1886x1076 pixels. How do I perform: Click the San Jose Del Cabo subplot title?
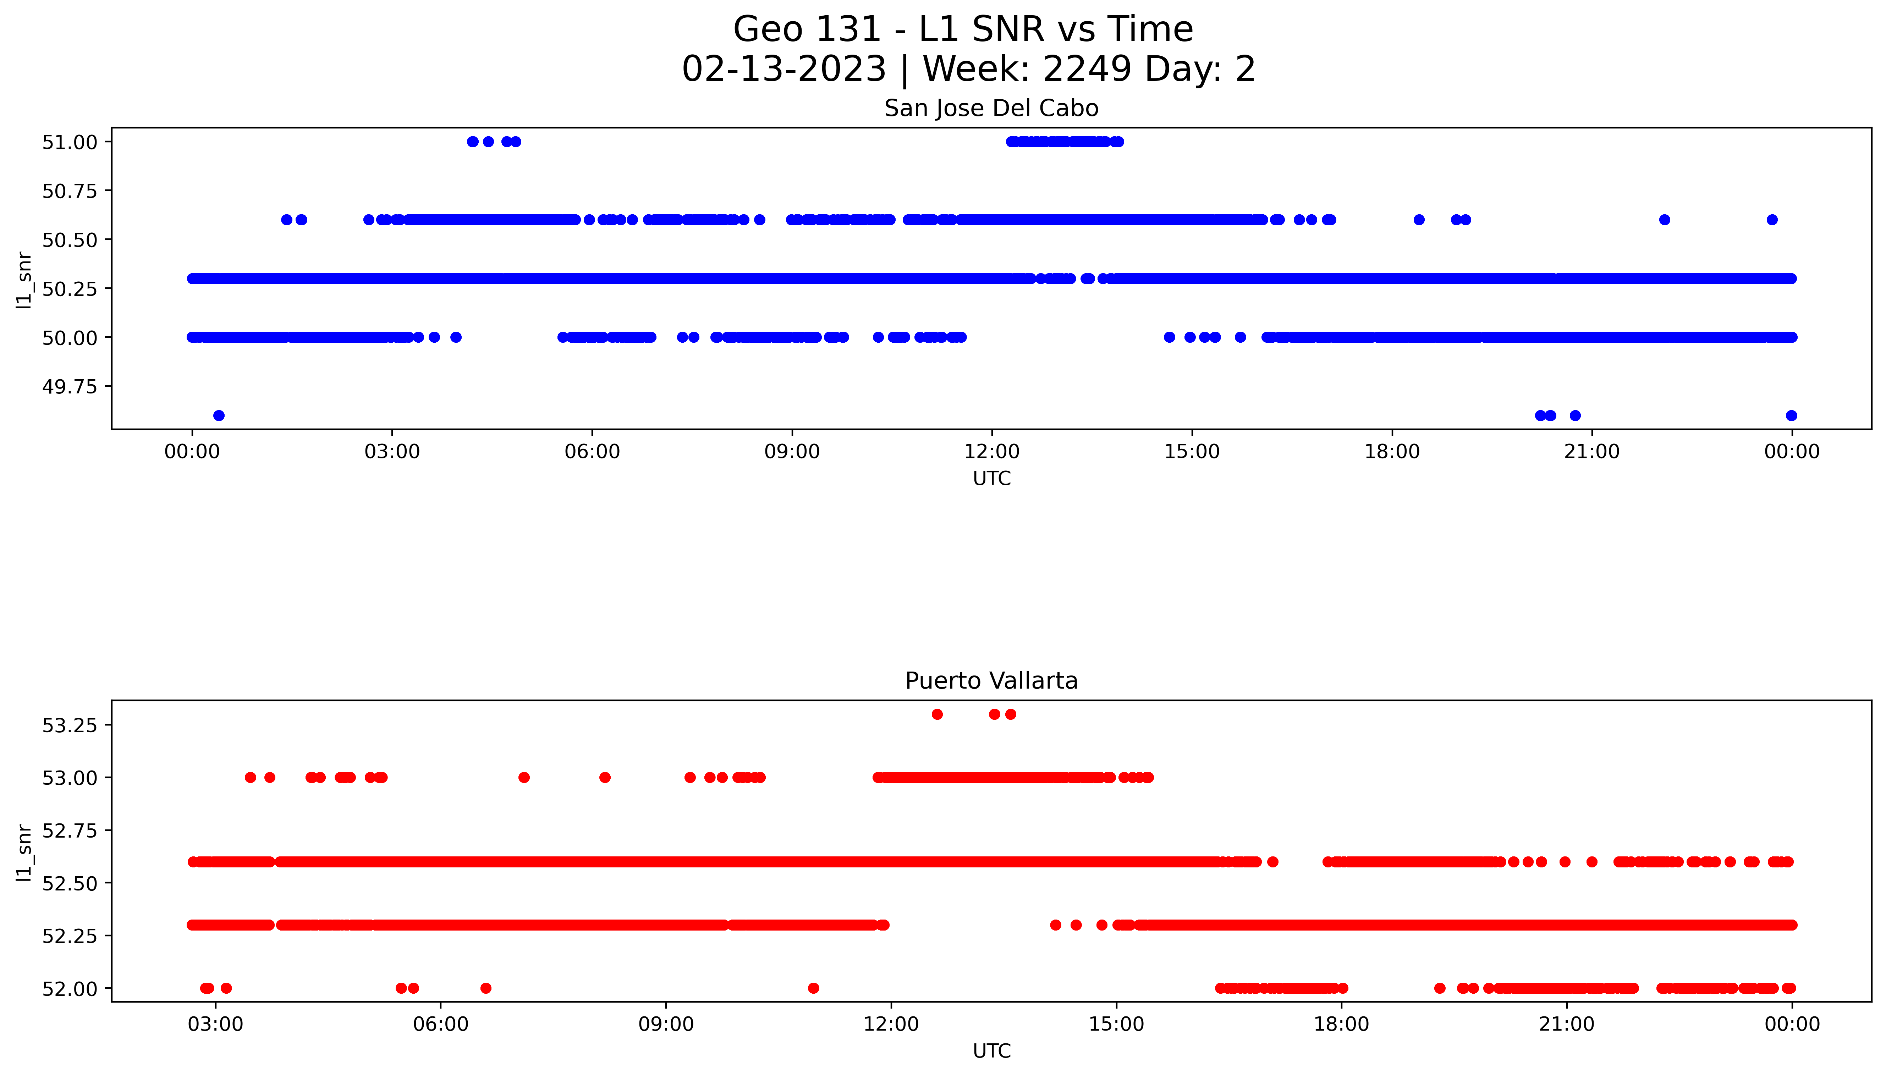click(x=991, y=109)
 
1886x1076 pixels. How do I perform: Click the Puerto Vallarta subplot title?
click(x=991, y=681)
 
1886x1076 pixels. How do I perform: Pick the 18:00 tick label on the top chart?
click(x=1392, y=452)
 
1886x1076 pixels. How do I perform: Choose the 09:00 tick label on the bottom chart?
click(x=666, y=1024)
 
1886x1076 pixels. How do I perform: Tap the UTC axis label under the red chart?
click(x=991, y=1051)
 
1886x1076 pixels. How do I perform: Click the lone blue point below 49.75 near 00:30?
click(x=219, y=415)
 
